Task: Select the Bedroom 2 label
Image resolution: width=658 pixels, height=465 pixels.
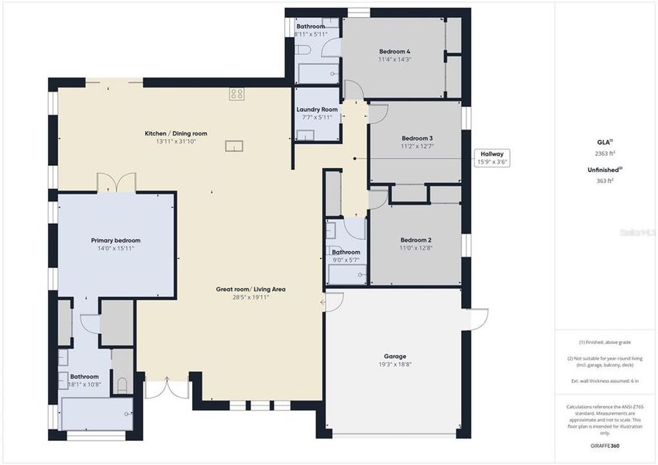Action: point(415,240)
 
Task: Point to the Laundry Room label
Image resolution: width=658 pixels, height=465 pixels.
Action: point(317,110)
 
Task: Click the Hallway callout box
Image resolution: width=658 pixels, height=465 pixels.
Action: point(492,158)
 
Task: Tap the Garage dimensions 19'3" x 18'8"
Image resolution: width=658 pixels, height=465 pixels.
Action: point(394,364)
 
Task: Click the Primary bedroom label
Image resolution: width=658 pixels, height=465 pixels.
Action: point(115,240)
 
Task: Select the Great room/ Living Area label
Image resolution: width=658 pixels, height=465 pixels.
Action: point(250,289)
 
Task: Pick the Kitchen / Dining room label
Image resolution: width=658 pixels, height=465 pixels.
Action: point(176,133)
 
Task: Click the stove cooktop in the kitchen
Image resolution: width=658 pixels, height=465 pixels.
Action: point(237,94)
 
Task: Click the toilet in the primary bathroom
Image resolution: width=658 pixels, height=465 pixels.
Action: point(121,384)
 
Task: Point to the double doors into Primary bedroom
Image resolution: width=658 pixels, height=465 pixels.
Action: point(116,183)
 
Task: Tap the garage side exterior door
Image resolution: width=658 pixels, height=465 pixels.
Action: point(476,319)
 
